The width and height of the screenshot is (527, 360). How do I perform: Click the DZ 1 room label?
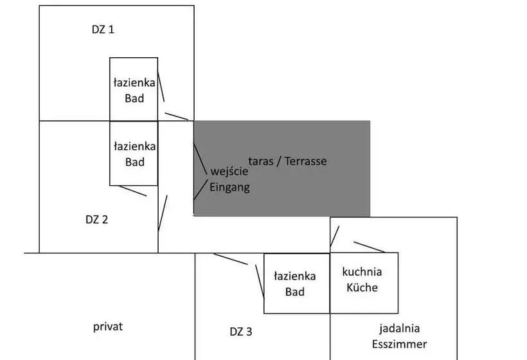click(103, 30)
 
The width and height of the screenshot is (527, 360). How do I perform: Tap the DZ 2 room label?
click(96, 219)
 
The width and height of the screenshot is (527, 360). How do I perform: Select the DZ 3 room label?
click(241, 332)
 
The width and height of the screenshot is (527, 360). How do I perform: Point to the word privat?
click(108, 326)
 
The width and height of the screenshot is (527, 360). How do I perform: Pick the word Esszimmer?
click(402, 344)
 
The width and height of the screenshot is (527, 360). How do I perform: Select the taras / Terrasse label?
click(287, 161)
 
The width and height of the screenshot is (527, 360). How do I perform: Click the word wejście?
click(229, 172)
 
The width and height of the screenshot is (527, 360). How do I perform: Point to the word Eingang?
click(229, 188)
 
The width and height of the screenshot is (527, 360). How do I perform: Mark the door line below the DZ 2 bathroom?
click(133, 191)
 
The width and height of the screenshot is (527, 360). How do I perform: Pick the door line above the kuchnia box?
click(370, 247)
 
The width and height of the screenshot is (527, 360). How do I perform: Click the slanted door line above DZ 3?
click(231, 259)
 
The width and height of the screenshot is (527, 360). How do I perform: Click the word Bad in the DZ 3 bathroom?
click(296, 292)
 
